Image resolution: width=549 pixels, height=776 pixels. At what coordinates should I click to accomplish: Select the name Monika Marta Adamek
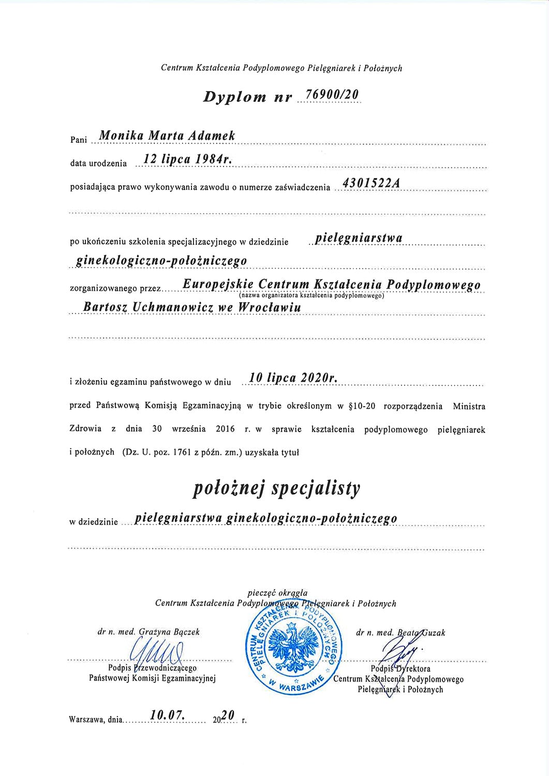167,136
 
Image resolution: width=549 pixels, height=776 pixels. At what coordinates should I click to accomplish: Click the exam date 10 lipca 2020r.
293,379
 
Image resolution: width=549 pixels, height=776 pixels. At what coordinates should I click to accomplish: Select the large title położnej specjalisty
276,489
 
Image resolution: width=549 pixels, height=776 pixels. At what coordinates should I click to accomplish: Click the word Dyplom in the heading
234,97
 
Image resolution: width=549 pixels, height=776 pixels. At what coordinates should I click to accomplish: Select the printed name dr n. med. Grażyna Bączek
148,632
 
